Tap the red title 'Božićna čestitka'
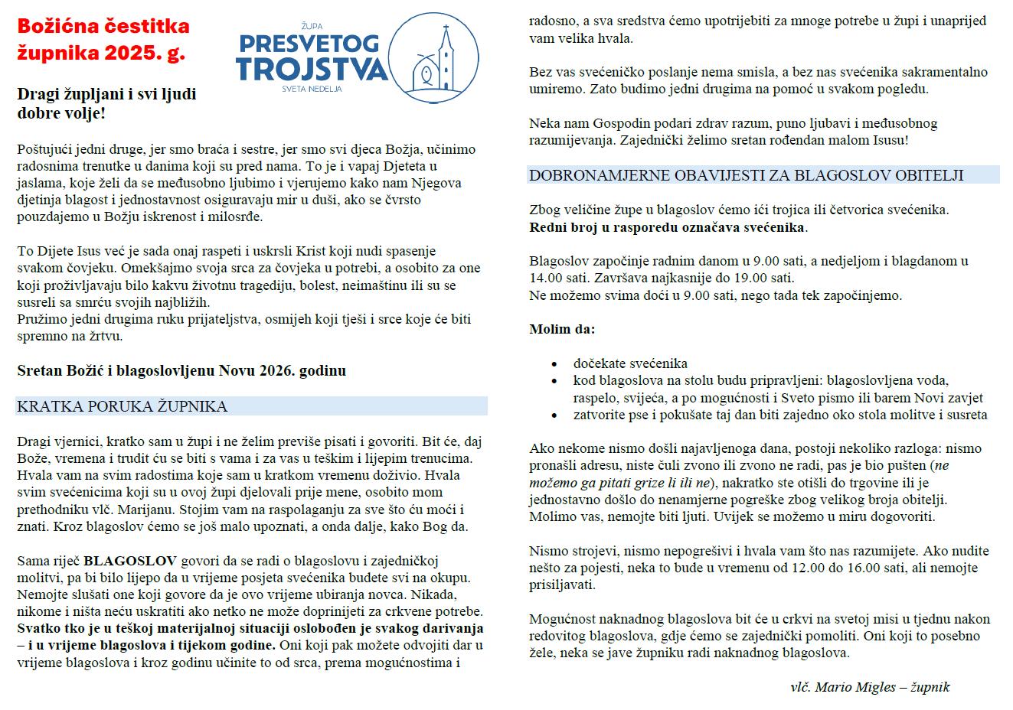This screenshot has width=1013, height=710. coord(103,27)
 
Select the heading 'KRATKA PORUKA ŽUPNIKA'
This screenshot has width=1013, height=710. coord(122,406)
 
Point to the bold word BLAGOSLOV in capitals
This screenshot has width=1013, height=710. coord(130,560)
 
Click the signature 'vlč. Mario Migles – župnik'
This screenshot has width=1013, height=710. coord(870,686)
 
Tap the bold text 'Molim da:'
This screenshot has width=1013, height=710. coord(562,329)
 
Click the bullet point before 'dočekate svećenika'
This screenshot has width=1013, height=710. coord(554,365)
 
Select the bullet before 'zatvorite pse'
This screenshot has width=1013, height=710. coord(554,416)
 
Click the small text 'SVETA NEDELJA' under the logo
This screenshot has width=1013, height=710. coord(312,89)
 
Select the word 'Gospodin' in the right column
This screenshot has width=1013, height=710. coord(613,123)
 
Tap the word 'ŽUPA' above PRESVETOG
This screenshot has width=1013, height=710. coord(312,25)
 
